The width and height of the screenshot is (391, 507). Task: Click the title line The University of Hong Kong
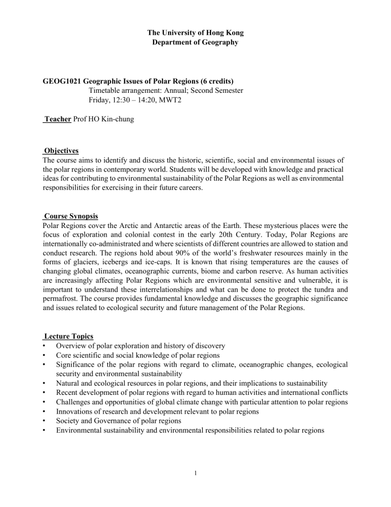pos(195,33)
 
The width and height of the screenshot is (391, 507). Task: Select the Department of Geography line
pos(195,42)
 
